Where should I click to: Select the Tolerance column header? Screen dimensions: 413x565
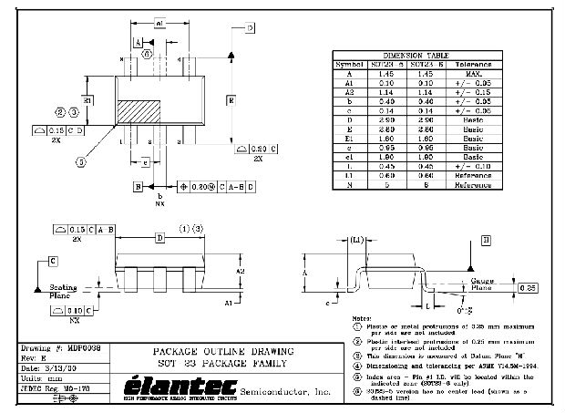click(x=478, y=64)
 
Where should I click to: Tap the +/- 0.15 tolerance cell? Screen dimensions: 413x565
click(x=478, y=91)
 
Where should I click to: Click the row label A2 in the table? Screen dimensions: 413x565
click(x=350, y=91)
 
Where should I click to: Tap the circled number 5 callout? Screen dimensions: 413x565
click(x=81, y=161)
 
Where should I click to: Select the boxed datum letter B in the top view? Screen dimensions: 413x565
click(x=139, y=187)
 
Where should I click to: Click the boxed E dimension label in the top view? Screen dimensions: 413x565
click(x=231, y=98)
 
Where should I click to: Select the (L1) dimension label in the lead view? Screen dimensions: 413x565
click(x=356, y=240)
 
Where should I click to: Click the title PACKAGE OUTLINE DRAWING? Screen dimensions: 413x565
click(x=223, y=351)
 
